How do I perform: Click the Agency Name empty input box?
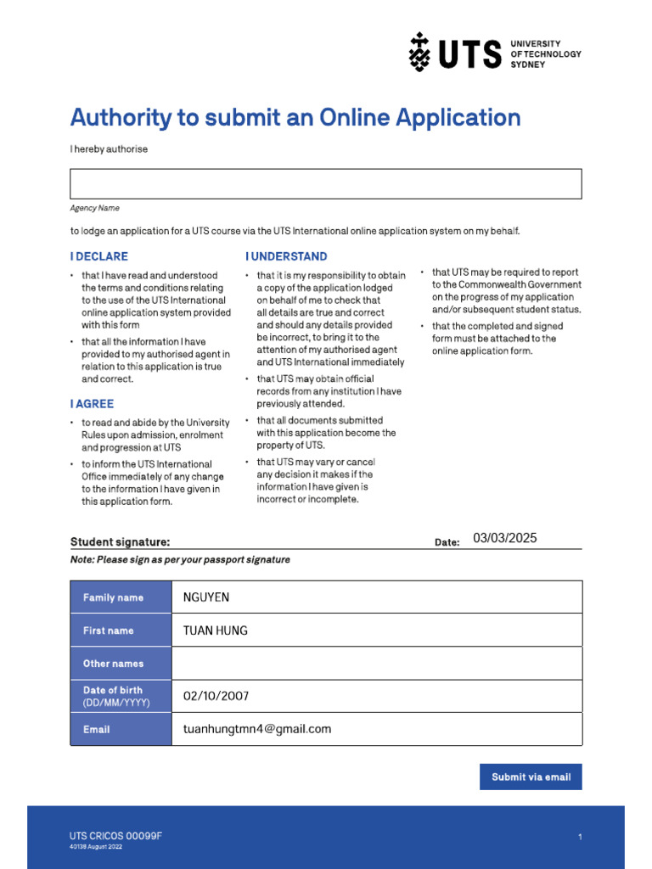(325, 183)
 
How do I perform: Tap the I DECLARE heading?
(99, 256)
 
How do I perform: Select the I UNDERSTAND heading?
(286, 256)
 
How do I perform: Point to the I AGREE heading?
(92, 404)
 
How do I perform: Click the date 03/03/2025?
(505, 538)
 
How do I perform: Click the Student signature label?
(120, 541)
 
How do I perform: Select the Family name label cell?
(121, 597)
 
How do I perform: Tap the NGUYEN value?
(206, 597)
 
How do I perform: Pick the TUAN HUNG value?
(216, 631)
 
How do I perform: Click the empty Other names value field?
(377, 663)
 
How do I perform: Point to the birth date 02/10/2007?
(216, 696)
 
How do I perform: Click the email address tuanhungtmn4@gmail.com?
(257, 729)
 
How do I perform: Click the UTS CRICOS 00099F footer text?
(115, 836)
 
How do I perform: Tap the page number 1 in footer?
(580, 838)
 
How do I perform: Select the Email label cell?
(121, 729)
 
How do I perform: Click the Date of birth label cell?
(121, 696)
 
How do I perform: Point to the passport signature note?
(180, 560)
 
